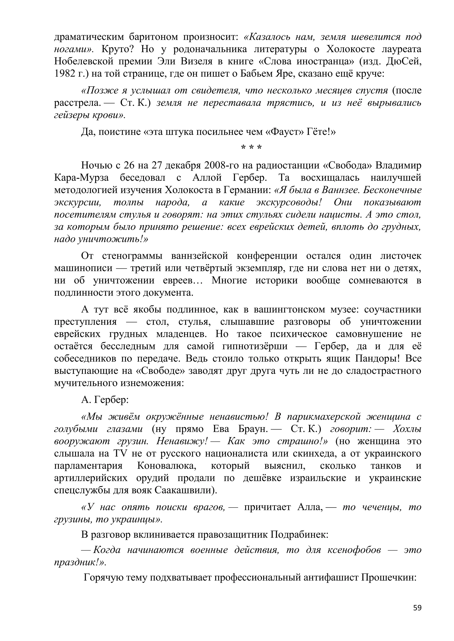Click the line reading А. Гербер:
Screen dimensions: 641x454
click(x=105, y=400)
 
